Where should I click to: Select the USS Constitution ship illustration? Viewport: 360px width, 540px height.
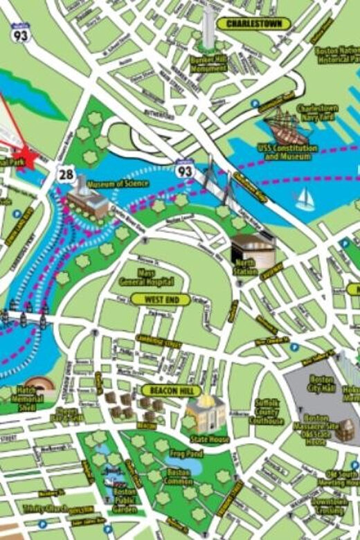coord(285,128)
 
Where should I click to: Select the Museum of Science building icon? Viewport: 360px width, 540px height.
coord(86,200)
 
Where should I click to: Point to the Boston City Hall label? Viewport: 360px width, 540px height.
coord(322,384)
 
